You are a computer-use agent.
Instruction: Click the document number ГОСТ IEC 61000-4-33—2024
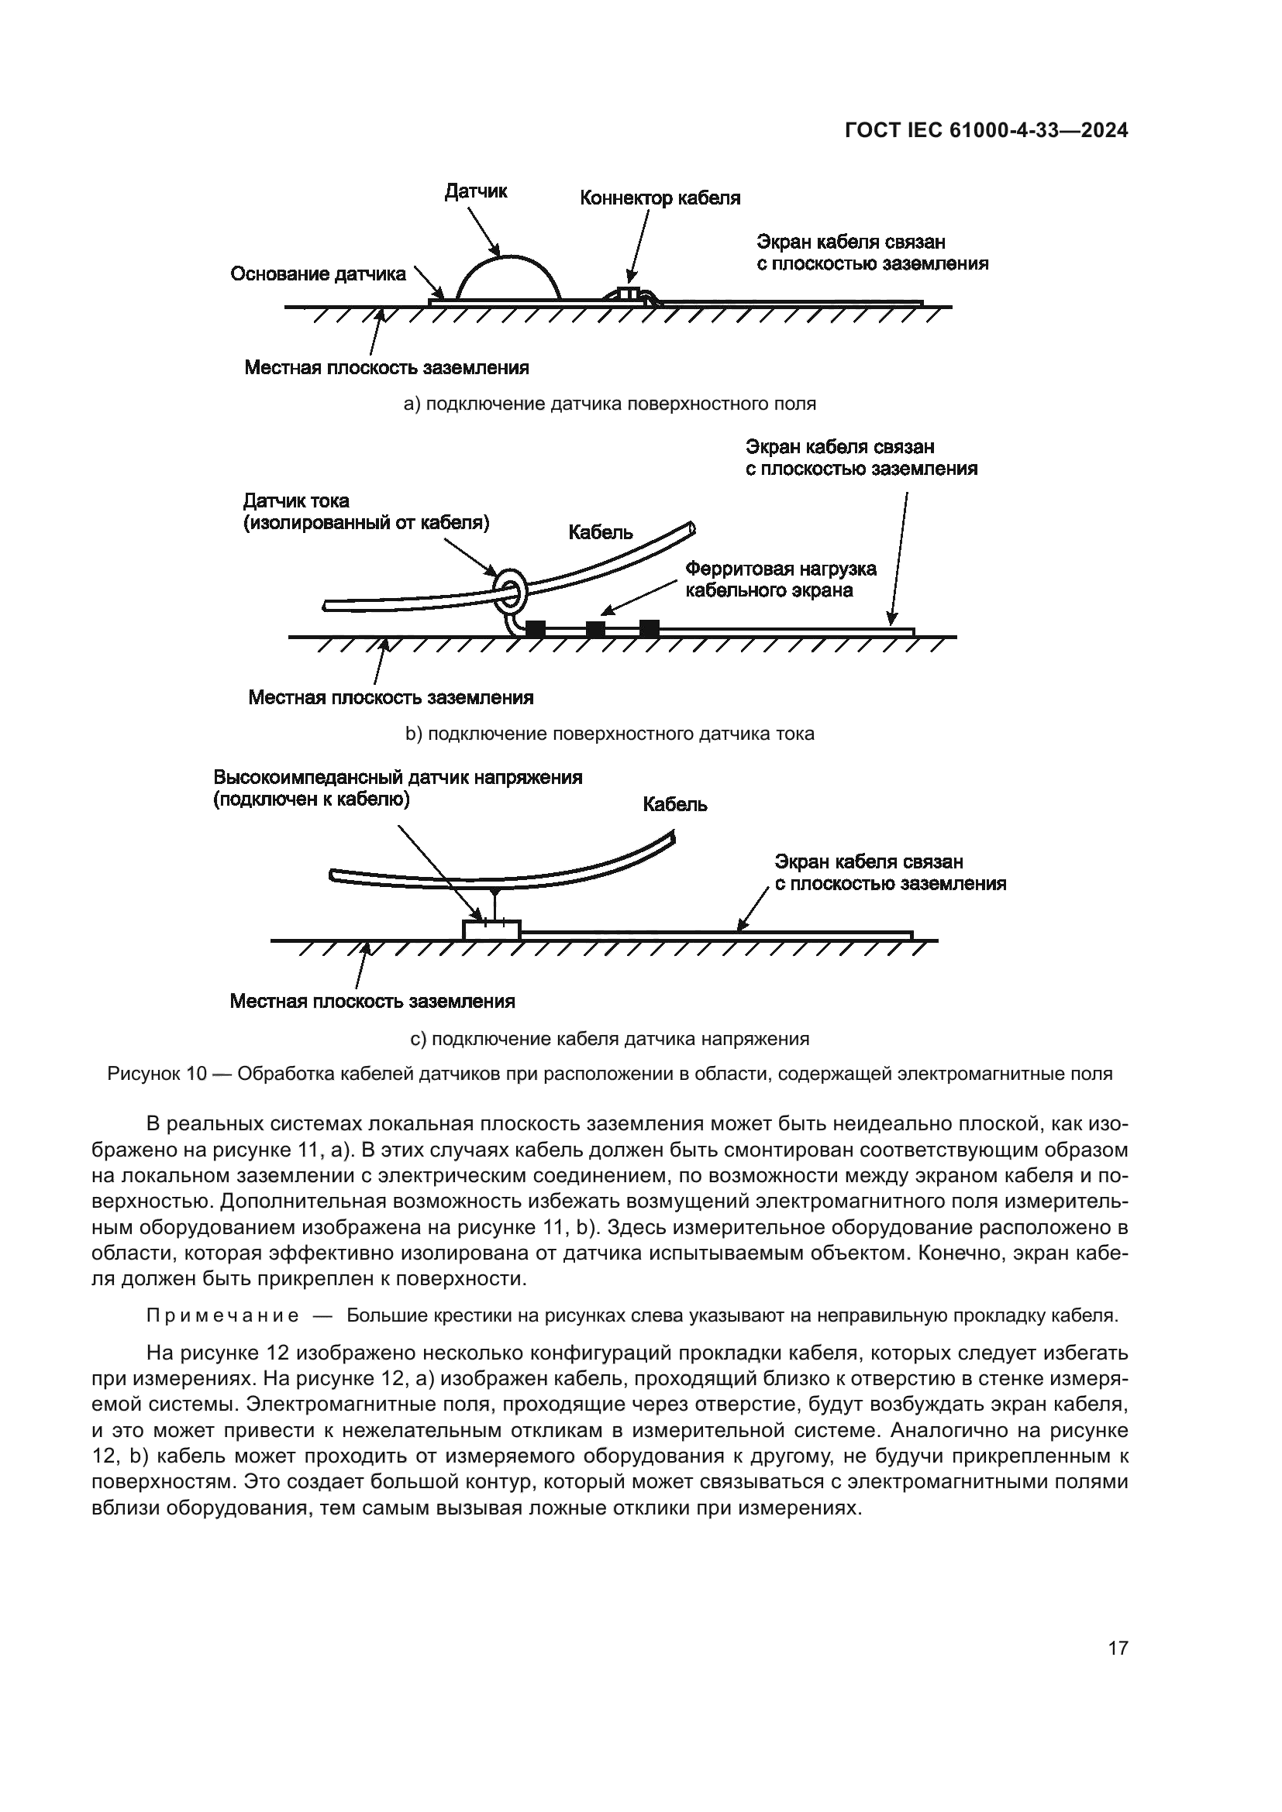point(986,131)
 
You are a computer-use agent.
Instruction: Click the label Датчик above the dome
point(476,191)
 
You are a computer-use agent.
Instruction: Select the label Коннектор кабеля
point(660,198)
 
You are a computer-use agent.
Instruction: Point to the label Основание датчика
point(318,273)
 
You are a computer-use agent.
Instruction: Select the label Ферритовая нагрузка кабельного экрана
point(780,579)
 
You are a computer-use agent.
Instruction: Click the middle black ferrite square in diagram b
point(595,629)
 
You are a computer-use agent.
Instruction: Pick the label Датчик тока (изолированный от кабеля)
point(367,511)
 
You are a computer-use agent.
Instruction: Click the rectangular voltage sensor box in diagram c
point(491,930)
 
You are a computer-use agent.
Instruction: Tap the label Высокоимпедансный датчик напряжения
point(398,777)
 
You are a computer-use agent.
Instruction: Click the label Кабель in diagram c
point(675,804)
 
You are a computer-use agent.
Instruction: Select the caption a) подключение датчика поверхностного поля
point(609,404)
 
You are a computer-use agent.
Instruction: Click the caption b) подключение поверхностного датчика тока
point(609,734)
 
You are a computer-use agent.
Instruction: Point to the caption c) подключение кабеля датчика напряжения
point(609,1039)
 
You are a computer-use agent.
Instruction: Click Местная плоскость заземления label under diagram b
point(391,698)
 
